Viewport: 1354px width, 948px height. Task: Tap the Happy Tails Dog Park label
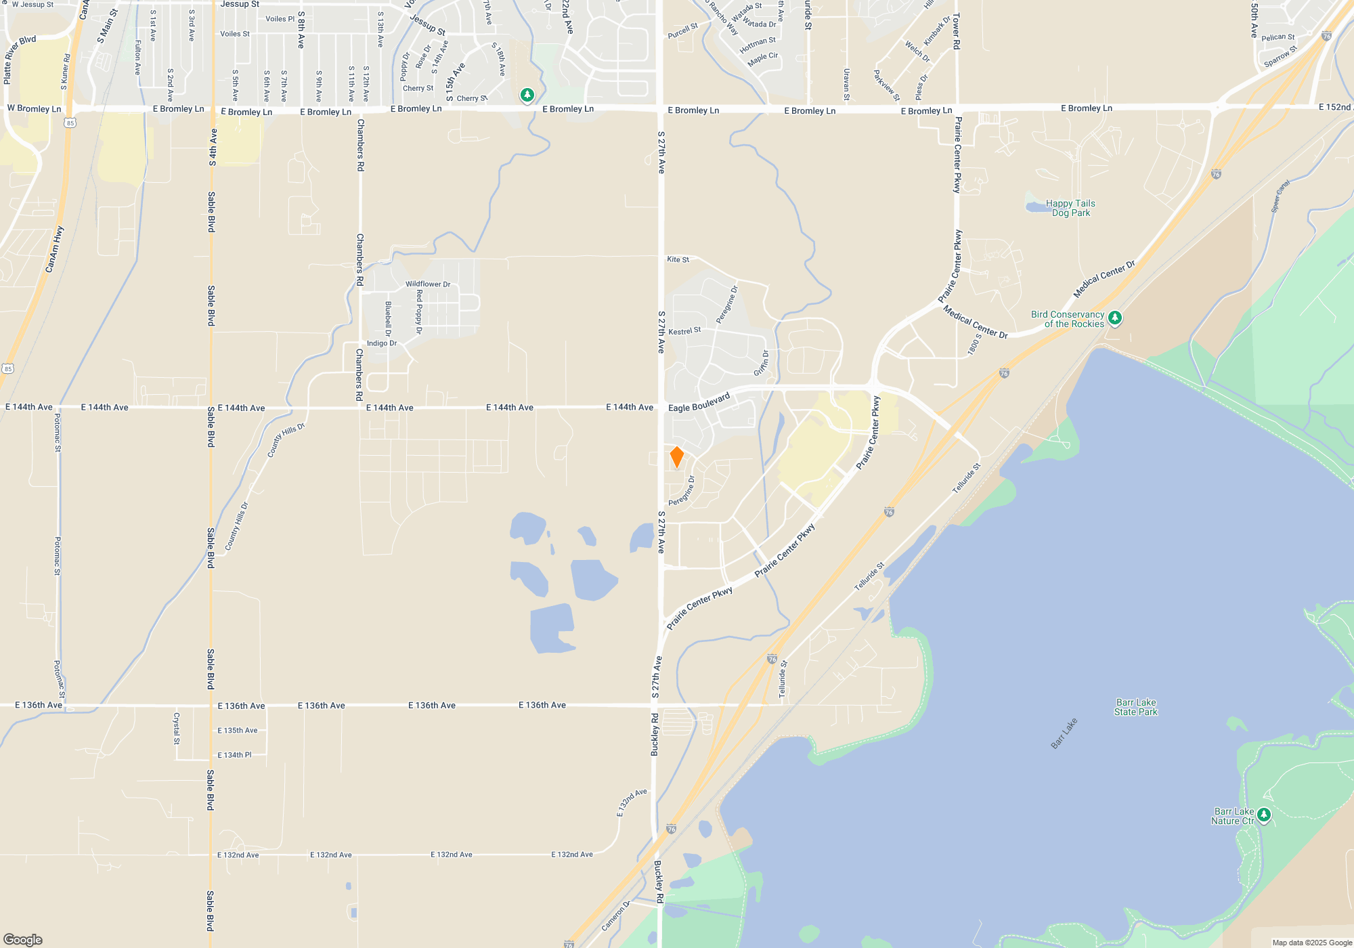[x=1070, y=208]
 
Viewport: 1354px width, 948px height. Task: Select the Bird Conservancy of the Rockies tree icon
[x=1115, y=318]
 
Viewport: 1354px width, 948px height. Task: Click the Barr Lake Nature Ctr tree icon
[x=1263, y=815]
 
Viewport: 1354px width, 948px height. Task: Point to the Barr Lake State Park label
[x=1136, y=707]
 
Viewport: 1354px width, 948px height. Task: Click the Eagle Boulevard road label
[x=699, y=402]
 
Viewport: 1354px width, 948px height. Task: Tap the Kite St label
[x=678, y=259]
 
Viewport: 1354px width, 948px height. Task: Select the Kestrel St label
[x=684, y=331]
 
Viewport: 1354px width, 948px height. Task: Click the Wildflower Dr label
[x=428, y=284]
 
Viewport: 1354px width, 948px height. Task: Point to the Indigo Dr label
[x=382, y=343]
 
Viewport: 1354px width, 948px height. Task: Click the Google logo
[x=23, y=940]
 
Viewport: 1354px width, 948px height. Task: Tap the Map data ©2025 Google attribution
[x=1311, y=943]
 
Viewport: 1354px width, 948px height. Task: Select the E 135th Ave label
[x=237, y=731]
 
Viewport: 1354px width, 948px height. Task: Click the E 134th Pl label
[x=234, y=755]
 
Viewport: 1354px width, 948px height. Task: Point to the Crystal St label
[x=177, y=728]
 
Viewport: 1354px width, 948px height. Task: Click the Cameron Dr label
[x=615, y=915]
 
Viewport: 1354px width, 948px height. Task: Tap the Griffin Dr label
[x=762, y=363]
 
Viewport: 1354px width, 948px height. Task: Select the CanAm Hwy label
[x=54, y=249]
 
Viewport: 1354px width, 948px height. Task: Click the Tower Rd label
[x=956, y=31]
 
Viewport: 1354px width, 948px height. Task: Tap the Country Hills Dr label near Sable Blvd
[x=236, y=525]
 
